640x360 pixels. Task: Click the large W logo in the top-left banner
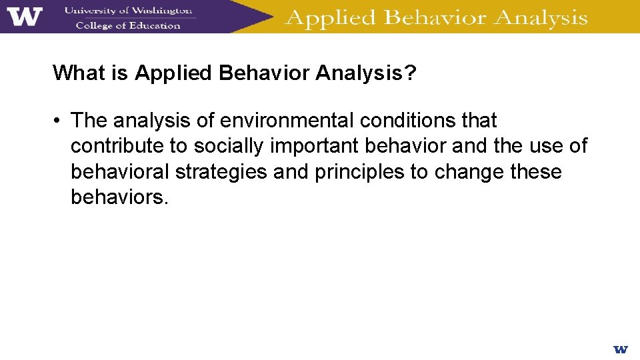(x=25, y=16)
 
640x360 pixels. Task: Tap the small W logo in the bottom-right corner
(x=620, y=349)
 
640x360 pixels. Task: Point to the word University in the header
(x=90, y=10)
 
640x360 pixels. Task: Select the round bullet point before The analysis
(x=59, y=121)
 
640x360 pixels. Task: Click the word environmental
(x=287, y=121)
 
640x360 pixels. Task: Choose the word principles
(x=359, y=172)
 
